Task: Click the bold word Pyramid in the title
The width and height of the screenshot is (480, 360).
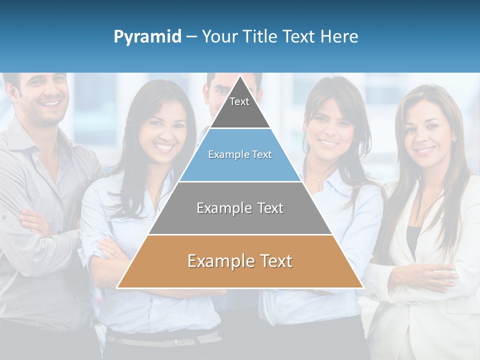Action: click(147, 37)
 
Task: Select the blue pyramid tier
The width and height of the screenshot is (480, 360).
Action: click(240, 157)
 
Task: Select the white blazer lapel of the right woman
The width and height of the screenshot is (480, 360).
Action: click(440, 210)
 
